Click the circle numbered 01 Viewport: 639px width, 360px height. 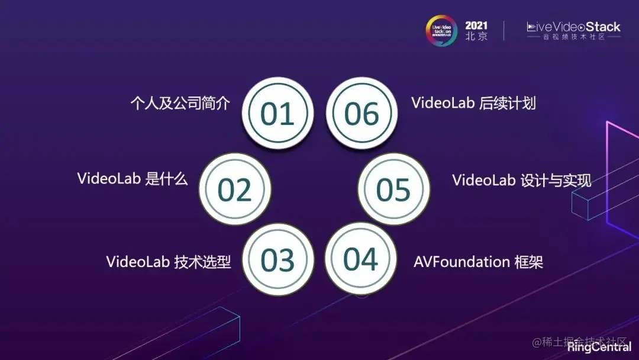click(x=277, y=113)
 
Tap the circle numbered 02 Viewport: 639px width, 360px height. click(x=235, y=189)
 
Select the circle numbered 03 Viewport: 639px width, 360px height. click(x=277, y=260)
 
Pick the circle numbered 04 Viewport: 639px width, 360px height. click(x=361, y=259)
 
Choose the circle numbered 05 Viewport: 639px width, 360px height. click(x=393, y=189)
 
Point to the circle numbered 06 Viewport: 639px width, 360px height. click(x=362, y=113)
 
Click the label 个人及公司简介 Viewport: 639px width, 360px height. click(x=180, y=103)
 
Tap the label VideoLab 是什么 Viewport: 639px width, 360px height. click(x=133, y=179)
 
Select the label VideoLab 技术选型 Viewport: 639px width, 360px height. click(x=168, y=262)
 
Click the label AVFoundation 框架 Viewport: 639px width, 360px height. click(x=478, y=262)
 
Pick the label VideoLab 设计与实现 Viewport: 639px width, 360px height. click(x=521, y=180)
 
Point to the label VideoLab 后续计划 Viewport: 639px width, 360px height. click(x=473, y=103)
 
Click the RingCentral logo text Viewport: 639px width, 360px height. click(x=599, y=348)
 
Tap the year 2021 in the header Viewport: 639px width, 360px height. click(x=476, y=25)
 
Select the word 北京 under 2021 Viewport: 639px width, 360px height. click(x=476, y=37)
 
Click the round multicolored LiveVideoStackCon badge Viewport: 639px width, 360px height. click(x=441, y=30)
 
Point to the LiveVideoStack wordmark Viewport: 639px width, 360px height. click(x=573, y=27)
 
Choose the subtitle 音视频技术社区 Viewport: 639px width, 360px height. click(x=574, y=37)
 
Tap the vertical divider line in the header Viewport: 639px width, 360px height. click(x=504, y=31)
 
